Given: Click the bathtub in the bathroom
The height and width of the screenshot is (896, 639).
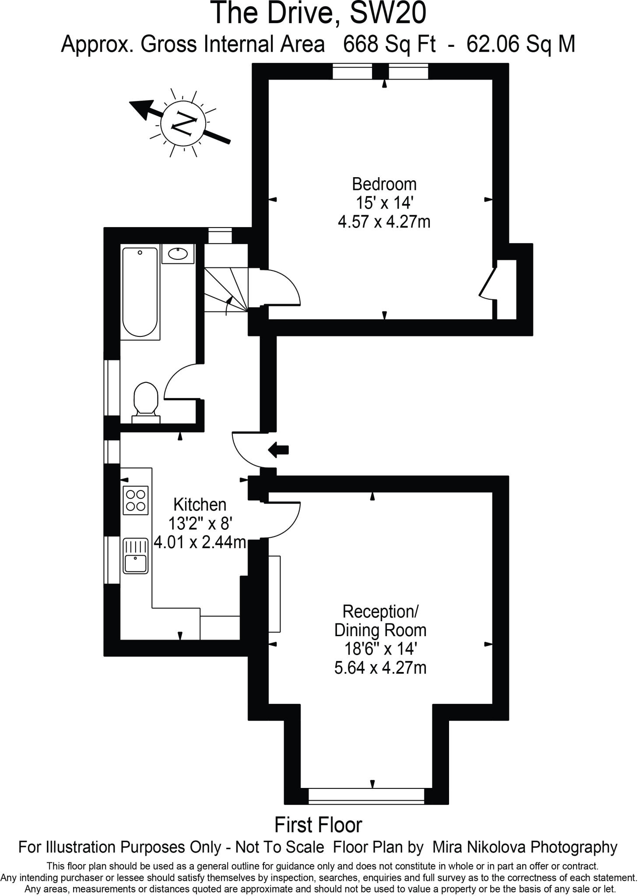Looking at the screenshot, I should (140, 292).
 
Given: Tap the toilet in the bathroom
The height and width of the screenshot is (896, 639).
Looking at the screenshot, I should (146, 400).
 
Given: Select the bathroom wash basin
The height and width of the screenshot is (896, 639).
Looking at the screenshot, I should (178, 254).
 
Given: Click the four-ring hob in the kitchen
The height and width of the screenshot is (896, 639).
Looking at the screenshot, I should (136, 500).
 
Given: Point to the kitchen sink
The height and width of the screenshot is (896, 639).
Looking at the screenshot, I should (136, 556).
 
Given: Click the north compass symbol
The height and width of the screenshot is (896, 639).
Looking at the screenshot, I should (183, 124).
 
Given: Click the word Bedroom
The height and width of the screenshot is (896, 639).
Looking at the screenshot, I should (384, 184).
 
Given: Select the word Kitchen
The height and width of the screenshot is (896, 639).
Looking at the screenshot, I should (200, 504).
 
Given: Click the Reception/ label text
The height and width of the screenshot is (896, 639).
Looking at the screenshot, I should (380, 611).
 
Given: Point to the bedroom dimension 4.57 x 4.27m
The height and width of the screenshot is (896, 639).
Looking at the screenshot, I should (384, 222).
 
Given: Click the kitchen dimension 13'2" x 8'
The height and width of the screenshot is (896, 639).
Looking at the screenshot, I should (200, 524).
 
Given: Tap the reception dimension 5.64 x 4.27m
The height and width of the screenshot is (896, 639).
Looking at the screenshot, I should (380, 668).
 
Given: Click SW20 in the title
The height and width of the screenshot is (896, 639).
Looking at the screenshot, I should (388, 13).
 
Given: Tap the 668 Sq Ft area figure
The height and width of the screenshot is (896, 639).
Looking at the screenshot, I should (389, 44).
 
